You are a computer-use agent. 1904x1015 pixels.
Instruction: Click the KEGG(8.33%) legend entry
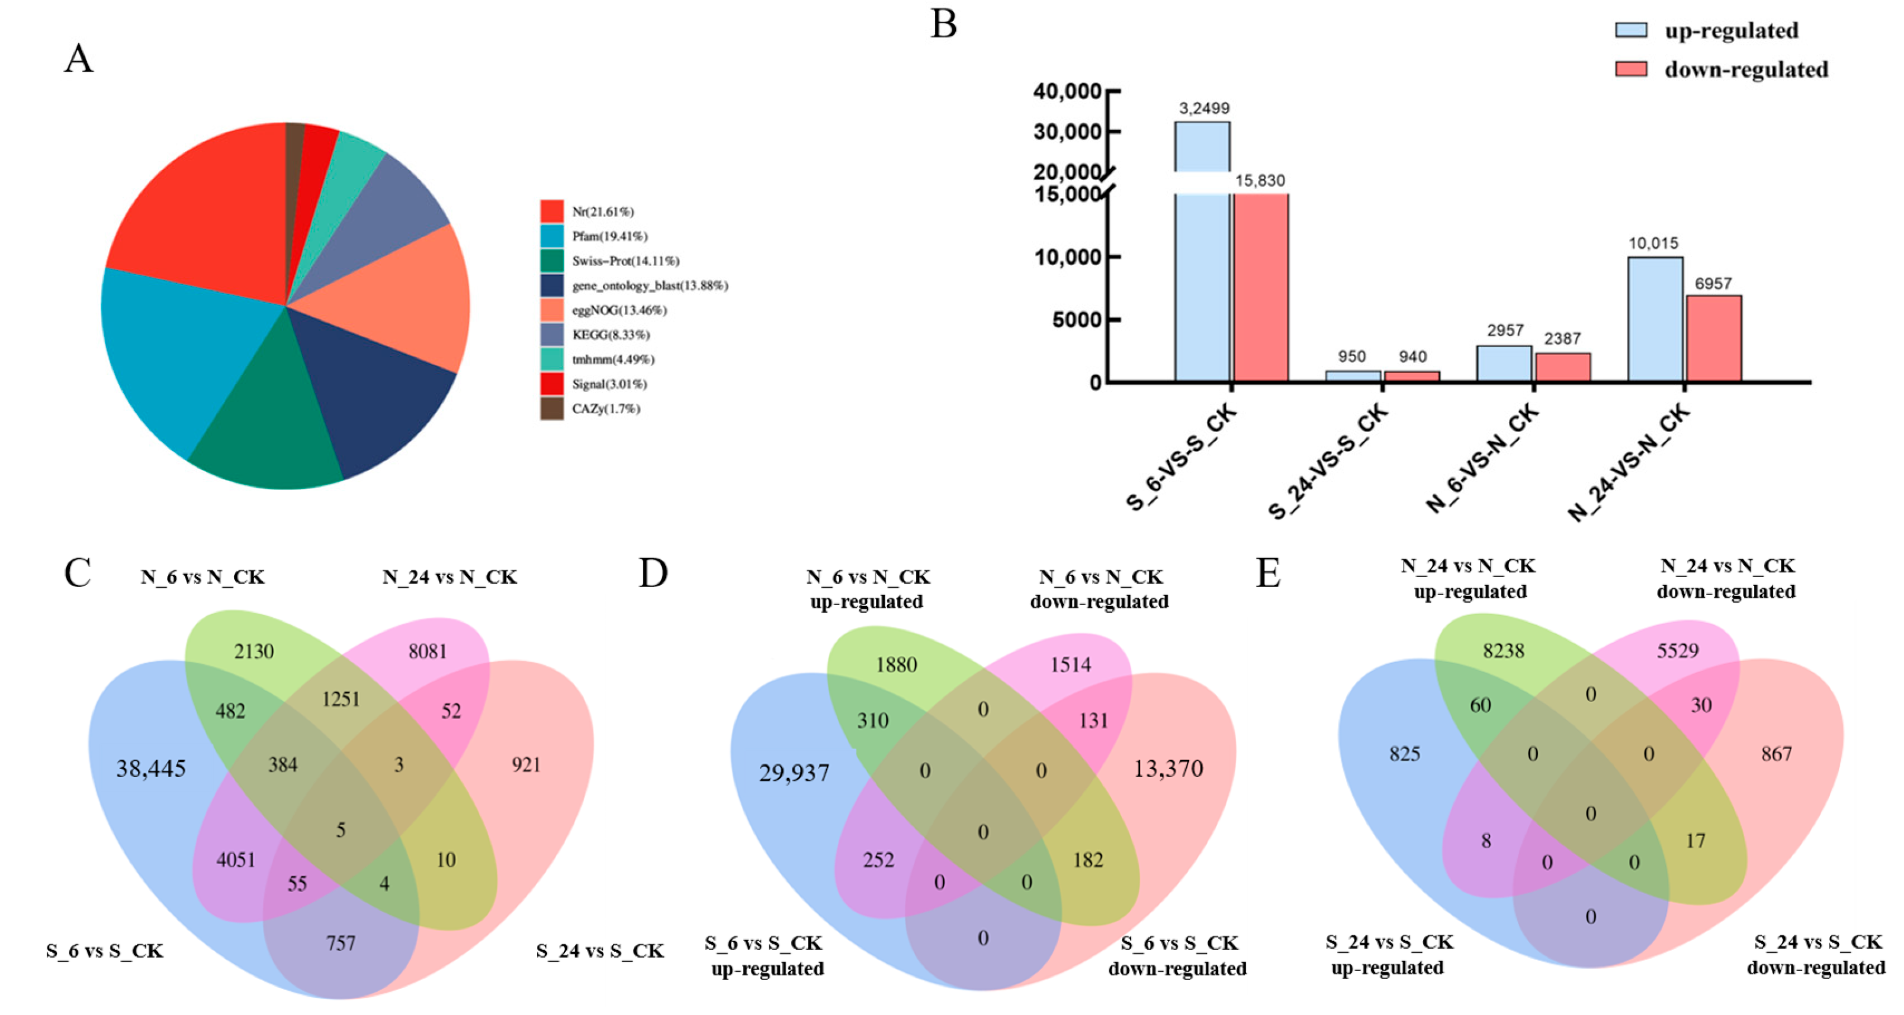click(x=610, y=335)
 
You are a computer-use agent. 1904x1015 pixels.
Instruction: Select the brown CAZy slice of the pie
click(x=295, y=148)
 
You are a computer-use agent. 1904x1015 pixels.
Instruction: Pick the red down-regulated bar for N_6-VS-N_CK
click(x=1562, y=367)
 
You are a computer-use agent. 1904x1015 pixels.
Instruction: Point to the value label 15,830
click(x=1260, y=180)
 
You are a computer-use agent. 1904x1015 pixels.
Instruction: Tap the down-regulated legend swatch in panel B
click(x=1630, y=69)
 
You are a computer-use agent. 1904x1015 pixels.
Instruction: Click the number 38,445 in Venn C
click(x=151, y=769)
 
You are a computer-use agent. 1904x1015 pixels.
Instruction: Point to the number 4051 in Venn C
click(x=236, y=860)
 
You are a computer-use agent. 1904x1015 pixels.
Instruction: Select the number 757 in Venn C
click(x=341, y=943)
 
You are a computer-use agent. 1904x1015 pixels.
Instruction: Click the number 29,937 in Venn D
click(x=794, y=773)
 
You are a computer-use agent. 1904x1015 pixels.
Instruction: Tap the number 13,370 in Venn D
click(x=1168, y=769)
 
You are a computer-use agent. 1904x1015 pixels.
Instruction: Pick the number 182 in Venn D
click(x=1088, y=860)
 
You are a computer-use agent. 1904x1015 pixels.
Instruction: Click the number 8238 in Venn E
click(x=1504, y=651)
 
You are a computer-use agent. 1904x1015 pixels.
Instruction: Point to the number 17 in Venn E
click(x=1696, y=841)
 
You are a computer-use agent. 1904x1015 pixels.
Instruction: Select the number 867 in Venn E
click(x=1776, y=754)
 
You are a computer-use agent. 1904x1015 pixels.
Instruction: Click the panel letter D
click(x=653, y=573)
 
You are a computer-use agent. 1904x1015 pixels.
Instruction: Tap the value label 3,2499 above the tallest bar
click(x=1204, y=108)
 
